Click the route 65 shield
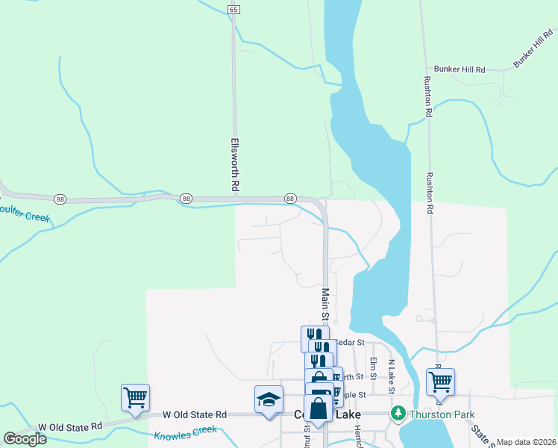(234, 9)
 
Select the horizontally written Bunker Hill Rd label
(460, 69)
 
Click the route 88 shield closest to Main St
(290, 198)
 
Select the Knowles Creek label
(185, 432)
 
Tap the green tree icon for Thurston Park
(399, 413)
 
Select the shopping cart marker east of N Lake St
(440, 382)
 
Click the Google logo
(25, 439)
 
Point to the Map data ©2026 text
(526, 442)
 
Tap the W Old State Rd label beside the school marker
(195, 414)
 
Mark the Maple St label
(354, 394)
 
